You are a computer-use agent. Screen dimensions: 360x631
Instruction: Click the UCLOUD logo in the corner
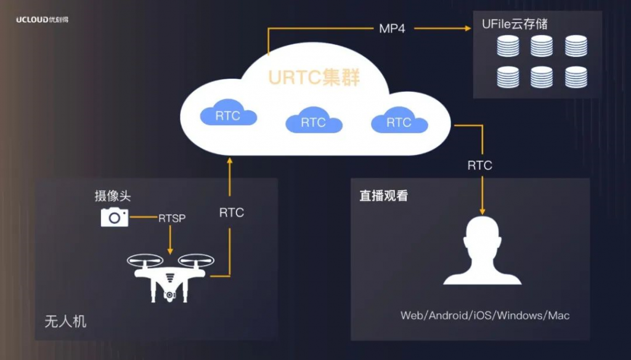tap(43, 19)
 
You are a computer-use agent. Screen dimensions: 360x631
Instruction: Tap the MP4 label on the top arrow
tap(392, 28)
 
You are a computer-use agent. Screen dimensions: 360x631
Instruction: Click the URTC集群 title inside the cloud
tap(314, 78)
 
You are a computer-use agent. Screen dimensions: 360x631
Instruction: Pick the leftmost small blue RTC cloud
tap(228, 115)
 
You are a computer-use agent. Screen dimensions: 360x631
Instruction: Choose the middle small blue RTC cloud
tap(313, 121)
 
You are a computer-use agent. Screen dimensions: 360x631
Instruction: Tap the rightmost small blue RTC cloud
tap(399, 121)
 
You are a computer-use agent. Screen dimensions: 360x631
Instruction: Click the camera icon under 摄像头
tap(115, 217)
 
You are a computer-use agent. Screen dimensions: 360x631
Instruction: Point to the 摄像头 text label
tap(113, 196)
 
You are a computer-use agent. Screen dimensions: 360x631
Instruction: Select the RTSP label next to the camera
tap(172, 218)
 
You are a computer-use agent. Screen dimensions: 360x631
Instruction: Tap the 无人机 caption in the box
tap(65, 321)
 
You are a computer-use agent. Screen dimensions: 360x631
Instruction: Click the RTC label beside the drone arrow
tap(232, 213)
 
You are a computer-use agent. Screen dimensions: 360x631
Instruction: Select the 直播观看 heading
tap(384, 197)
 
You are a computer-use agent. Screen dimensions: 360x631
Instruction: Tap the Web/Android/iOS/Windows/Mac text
tap(485, 316)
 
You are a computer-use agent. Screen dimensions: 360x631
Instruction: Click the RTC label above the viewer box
tap(480, 165)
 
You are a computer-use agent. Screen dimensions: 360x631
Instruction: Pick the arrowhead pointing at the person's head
tap(482, 211)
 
